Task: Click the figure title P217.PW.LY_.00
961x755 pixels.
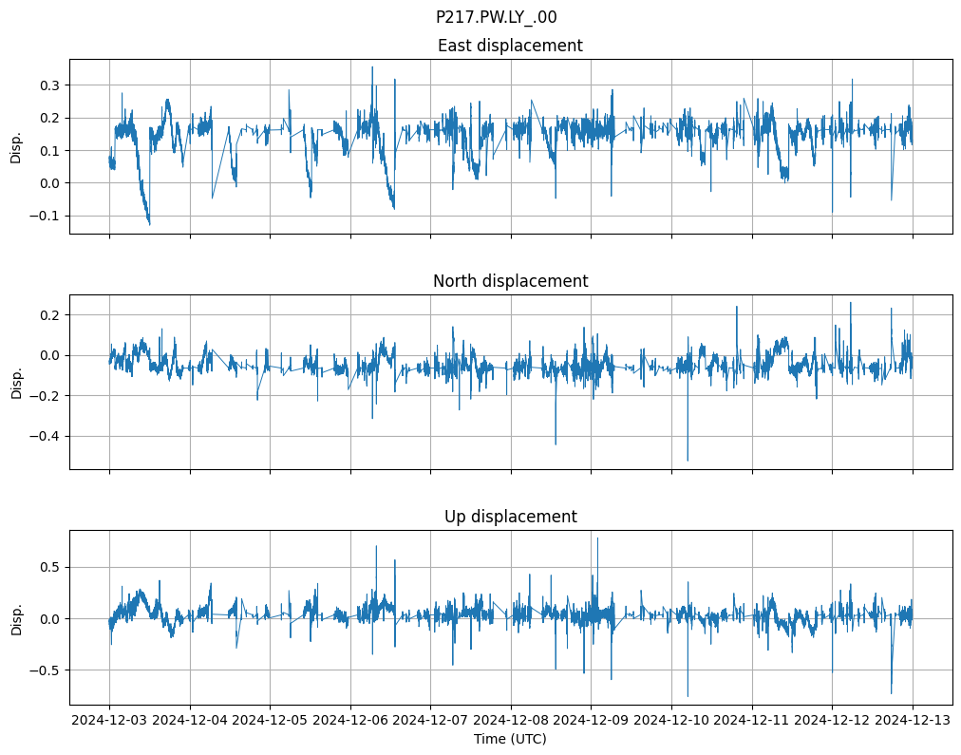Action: point(496,17)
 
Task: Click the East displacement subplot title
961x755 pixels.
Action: point(510,46)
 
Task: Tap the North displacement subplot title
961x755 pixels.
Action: point(510,281)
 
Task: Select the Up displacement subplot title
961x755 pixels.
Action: point(510,517)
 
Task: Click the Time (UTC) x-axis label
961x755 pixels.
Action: point(510,739)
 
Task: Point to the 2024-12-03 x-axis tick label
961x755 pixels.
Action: point(109,721)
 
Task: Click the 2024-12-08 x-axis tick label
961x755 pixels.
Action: point(511,721)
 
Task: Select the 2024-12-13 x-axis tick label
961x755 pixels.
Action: point(913,721)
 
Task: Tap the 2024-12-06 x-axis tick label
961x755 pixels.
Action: point(350,721)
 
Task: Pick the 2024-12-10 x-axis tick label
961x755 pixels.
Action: point(671,721)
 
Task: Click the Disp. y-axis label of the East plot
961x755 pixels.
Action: point(16,146)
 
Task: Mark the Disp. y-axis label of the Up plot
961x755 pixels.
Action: point(16,617)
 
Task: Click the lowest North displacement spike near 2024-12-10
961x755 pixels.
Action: point(688,461)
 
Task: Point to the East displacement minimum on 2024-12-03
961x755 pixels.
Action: point(149,224)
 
